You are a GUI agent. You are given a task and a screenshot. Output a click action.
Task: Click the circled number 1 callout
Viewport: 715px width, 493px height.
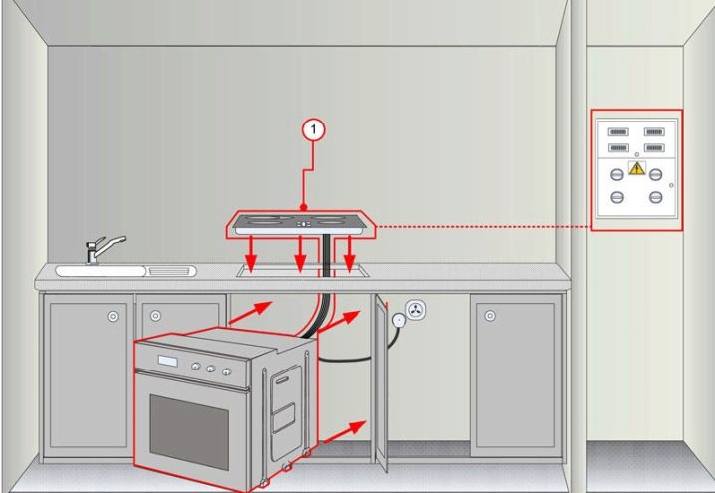[x=313, y=130]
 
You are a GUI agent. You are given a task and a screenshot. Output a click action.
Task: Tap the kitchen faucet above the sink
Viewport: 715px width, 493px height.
[x=102, y=249]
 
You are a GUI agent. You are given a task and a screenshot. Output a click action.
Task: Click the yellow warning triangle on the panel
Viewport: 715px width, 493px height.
[x=636, y=168]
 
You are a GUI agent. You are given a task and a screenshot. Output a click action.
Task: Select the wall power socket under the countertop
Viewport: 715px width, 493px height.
[x=415, y=310]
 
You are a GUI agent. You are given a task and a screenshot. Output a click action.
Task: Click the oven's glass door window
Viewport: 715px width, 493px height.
[x=189, y=431]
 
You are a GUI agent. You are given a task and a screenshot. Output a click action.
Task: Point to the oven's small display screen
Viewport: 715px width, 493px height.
[x=168, y=361]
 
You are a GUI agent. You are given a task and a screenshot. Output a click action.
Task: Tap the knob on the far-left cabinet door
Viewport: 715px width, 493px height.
[x=113, y=316]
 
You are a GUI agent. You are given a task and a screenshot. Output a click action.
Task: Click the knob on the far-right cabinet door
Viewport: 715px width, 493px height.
[x=490, y=316]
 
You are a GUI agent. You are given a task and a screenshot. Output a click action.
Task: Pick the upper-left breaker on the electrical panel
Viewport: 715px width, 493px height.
[x=618, y=132]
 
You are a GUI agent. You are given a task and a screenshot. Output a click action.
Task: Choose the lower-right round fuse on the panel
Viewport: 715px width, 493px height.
[x=655, y=197]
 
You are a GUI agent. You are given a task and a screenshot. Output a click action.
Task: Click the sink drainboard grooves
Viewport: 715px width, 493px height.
[x=169, y=271]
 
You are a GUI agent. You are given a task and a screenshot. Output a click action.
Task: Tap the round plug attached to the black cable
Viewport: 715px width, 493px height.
[x=399, y=320]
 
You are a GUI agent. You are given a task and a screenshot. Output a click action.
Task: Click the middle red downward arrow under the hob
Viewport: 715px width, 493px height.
[x=300, y=254]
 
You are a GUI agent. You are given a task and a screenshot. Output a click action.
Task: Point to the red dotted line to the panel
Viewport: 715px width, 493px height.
[x=483, y=226]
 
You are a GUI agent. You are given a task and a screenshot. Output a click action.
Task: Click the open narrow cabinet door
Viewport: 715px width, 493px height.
[x=381, y=382]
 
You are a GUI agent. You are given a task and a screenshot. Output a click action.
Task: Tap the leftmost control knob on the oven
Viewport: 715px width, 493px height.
[x=195, y=366]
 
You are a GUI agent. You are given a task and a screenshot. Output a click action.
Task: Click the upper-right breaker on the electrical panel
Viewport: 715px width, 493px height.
[x=654, y=132]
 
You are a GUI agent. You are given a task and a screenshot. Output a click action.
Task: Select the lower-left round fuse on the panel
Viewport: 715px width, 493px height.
[x=617, y=197]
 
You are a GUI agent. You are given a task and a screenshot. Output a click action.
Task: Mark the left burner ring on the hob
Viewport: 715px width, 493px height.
[x=263, y=221]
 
